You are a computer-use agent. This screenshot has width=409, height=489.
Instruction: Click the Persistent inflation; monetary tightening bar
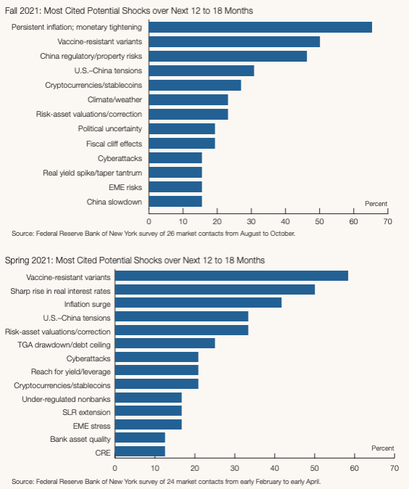coord(260,27)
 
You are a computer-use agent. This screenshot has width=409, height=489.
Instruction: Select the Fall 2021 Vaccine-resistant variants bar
coord(234,42)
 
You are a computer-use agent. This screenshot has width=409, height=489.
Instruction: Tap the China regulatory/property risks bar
coord(228,56)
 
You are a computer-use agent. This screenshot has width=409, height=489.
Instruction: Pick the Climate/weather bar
coord(189,100)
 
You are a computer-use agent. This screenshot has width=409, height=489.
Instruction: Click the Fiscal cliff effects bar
coord(182,144)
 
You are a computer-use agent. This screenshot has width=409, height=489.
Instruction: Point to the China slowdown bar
coord(175,202)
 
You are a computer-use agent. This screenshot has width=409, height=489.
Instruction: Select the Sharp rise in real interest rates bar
coord(215,289)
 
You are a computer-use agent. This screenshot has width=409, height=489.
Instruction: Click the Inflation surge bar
coord(198,303)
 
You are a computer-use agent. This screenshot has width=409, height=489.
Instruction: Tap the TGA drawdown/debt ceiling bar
coord(165,343)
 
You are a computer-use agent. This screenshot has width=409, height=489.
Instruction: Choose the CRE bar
coord(140,451)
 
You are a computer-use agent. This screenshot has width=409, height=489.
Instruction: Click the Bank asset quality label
coord(80,439)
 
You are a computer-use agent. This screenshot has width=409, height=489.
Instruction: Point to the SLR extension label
coord(86,412)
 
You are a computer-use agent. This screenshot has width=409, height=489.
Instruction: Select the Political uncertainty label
coord(110,129)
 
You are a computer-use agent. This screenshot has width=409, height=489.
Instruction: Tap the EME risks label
coord(125,187)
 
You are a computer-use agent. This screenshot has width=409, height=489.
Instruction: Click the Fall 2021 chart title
coord(129,11)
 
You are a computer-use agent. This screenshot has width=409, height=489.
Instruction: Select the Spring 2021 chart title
coord(135,260)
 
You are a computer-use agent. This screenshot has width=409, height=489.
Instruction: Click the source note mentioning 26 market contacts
coord(154,234)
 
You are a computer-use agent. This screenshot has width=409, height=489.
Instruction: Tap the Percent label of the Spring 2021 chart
coord(383,448)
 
